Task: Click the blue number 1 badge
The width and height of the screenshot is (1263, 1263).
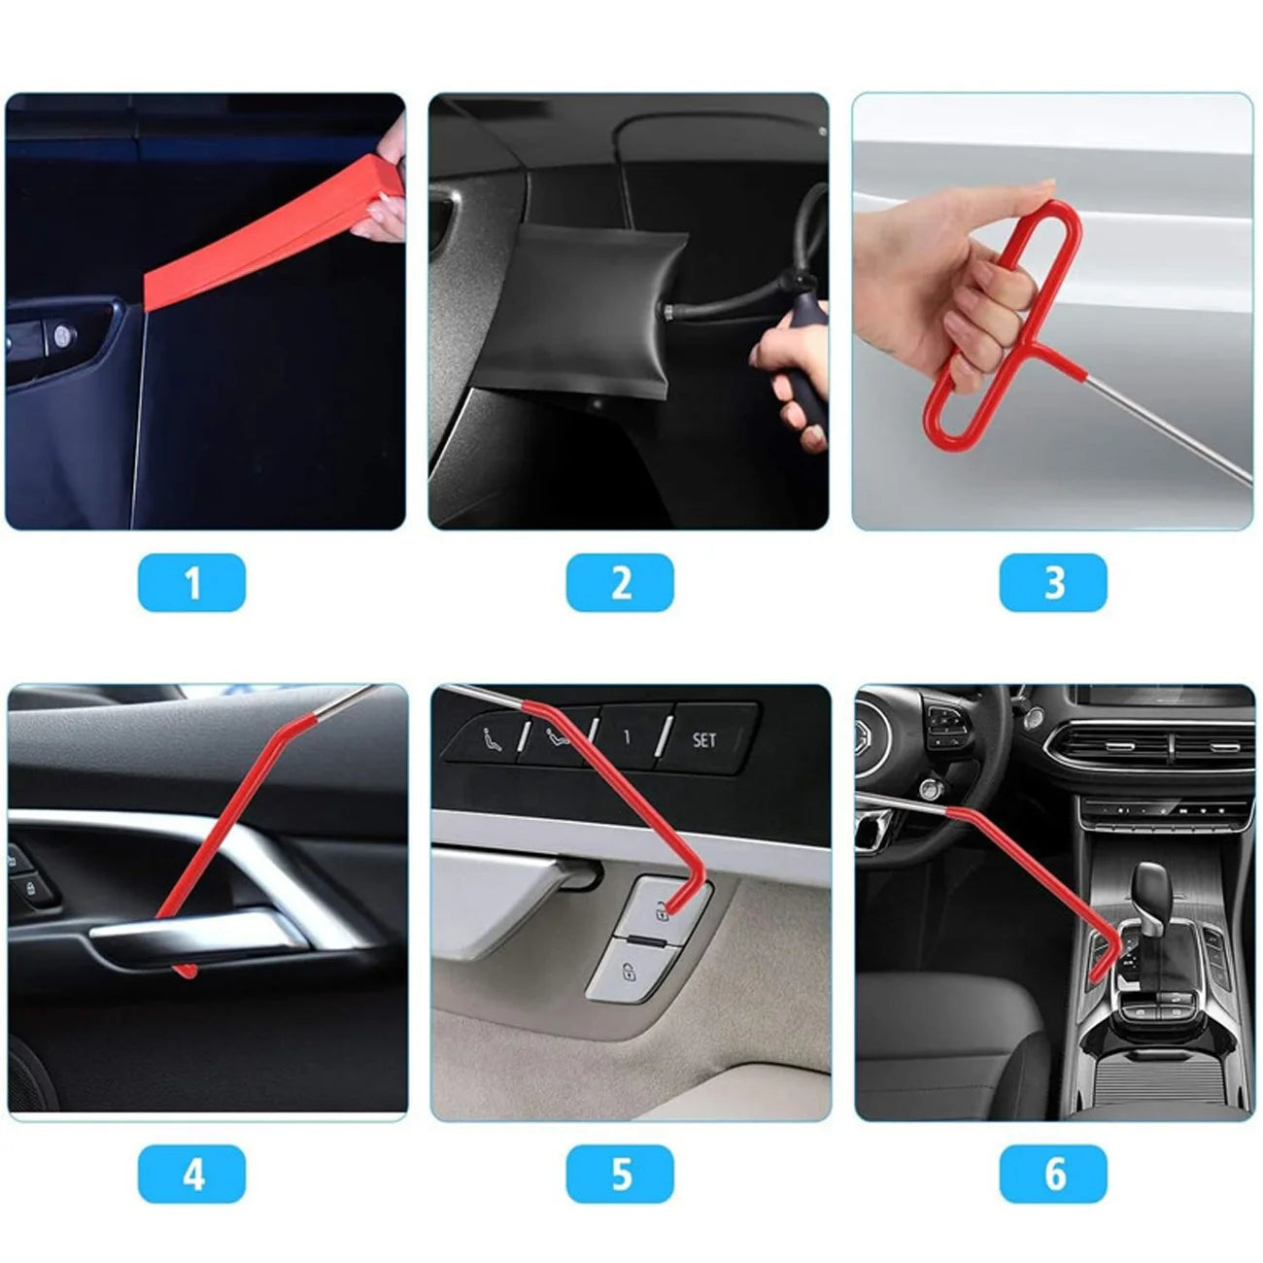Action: (191, 583)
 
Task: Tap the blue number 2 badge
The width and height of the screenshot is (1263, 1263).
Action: (620, 583)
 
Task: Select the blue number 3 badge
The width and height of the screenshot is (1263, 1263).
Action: (1053, 583)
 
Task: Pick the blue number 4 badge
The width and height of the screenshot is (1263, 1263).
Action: (191, 1174)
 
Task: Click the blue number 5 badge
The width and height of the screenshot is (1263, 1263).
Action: (620, 1174)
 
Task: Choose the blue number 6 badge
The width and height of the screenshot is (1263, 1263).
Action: (1053, 1174)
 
